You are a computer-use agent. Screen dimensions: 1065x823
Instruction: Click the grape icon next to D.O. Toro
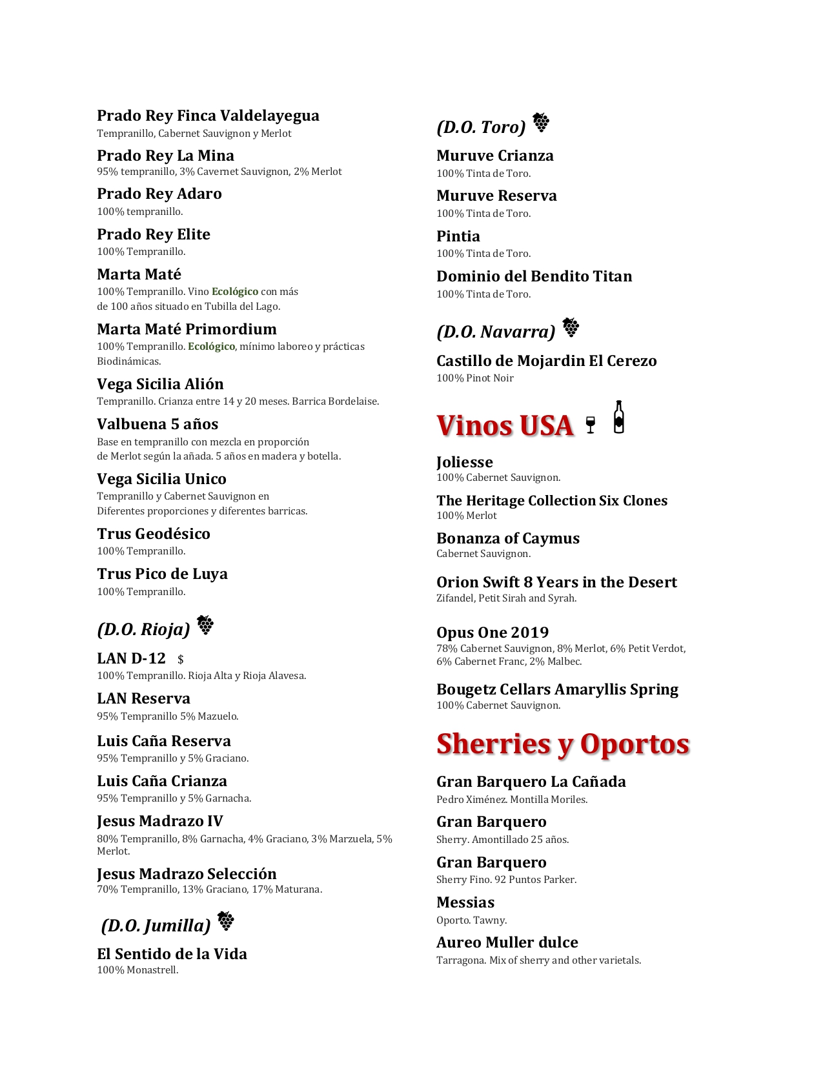pos(541,122)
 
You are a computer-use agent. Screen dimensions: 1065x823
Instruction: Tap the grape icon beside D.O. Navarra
pos(571,327)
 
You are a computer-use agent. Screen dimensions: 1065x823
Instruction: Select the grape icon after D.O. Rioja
pos(205,625)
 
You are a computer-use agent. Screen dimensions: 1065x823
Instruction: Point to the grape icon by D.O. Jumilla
pos(225,921)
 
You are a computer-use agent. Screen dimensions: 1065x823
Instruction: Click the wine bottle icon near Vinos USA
pos(618,417)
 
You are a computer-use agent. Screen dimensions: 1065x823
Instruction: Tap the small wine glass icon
pos(590,425)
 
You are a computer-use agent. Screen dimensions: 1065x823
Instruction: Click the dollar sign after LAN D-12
pos(181,660)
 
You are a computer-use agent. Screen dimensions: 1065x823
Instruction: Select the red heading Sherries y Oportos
pos(563,744)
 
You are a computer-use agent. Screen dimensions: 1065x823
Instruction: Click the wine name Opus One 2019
pos(493,633)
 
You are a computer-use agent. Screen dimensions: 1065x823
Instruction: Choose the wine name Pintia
pos(458,236)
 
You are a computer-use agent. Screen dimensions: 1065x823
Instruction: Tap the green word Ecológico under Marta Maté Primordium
pos(212,347)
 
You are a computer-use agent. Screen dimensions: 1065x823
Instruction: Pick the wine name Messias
pos(465,902)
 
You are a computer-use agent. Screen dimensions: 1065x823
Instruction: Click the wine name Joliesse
pos(465,462)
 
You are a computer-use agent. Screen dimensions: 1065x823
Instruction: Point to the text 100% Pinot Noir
pos(475,378)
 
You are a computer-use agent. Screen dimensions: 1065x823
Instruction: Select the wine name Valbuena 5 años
pos(157,424)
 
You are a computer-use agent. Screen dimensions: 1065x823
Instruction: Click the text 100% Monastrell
pos(137,970)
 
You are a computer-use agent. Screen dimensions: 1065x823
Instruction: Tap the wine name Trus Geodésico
pos(154,534)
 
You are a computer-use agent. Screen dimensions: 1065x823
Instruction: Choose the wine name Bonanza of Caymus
pos(508,538)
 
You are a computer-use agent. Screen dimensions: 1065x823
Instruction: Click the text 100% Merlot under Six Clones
pos(467,516)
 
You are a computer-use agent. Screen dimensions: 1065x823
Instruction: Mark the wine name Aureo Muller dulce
pos(507,942)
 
